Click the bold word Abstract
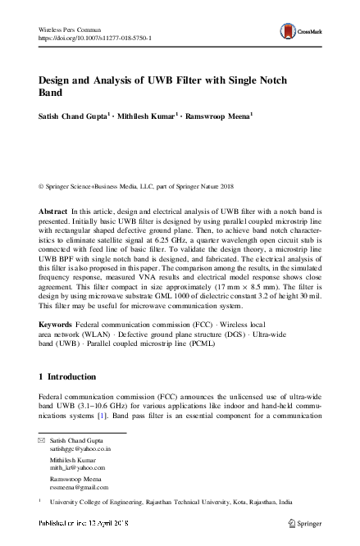53,212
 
